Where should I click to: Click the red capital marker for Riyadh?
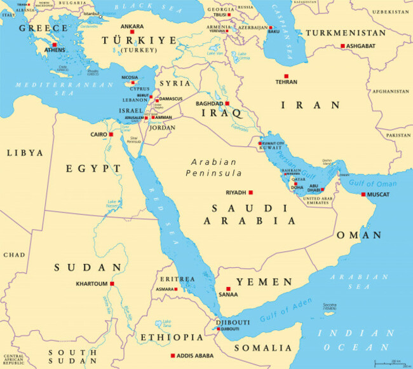click(x=250, y=192)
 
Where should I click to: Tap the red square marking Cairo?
click(x=111, y=134)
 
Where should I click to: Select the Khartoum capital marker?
click(x=112, y=284)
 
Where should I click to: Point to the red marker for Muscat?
click(x=363, y=194)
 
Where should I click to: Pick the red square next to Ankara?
click(x=133, y=34)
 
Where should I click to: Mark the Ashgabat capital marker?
click(x=342, y=46)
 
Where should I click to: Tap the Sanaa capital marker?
click(x=228, y=289)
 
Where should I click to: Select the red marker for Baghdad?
click(x=227, y=103)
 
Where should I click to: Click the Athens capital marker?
click(x=53, y=45)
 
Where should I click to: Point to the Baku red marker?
click(x=271, y=28)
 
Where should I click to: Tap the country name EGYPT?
click(x=93, y=168)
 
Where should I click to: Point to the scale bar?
click(x=390, y=364)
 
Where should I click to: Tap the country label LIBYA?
click(x=25, y=153)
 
